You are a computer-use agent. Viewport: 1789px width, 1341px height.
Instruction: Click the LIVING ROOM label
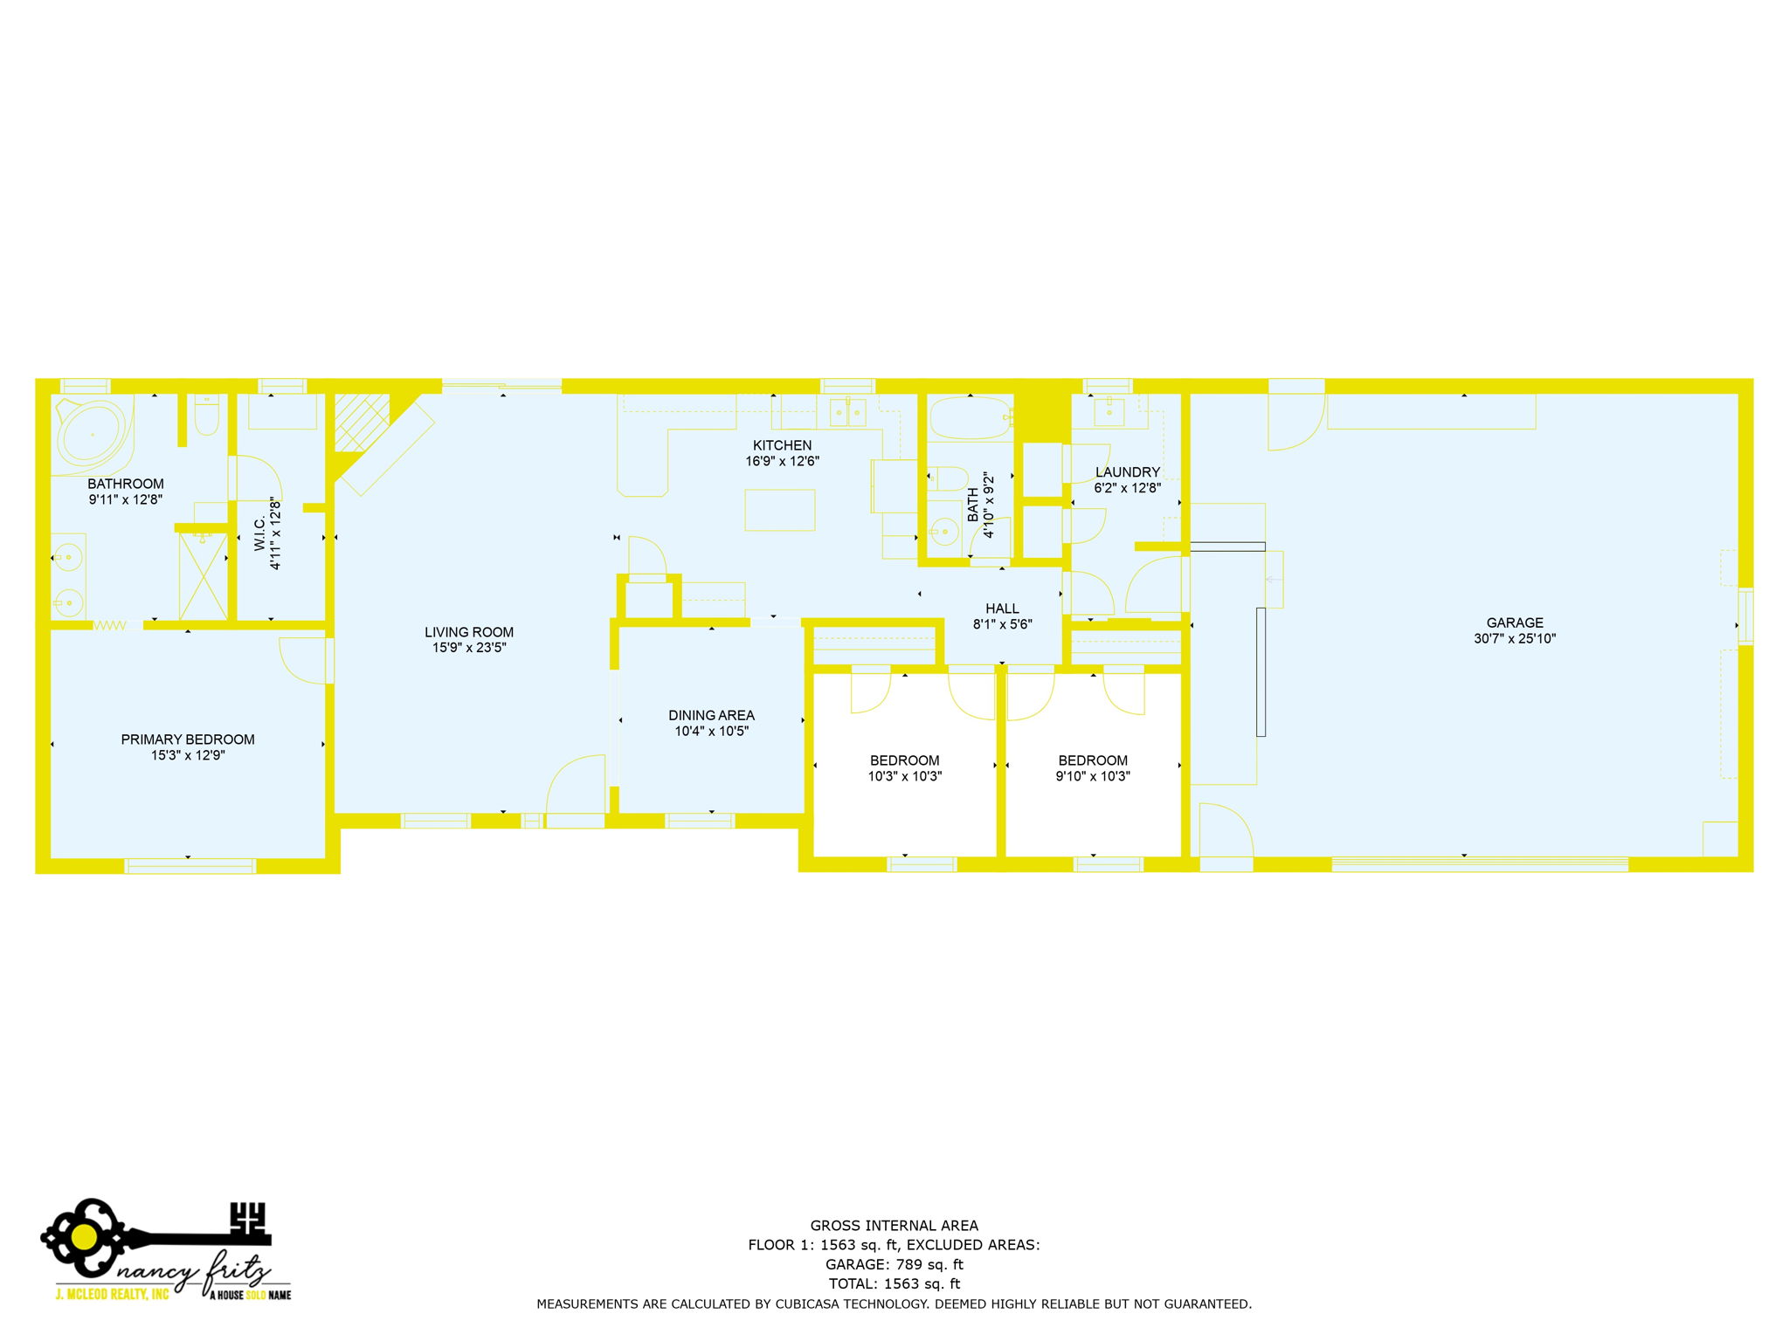click(469, 632)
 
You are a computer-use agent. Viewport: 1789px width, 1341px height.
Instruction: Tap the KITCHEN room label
click(782, 445)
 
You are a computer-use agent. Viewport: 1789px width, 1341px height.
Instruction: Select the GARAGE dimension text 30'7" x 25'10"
click(1514, 638)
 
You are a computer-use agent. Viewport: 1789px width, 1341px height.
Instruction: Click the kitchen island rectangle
click(779, 510)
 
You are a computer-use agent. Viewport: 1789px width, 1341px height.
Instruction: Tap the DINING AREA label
click(711, 715)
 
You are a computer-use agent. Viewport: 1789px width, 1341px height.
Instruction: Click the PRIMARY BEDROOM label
click(188, 739)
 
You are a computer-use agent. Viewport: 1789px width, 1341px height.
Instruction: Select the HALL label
click(1002, 609)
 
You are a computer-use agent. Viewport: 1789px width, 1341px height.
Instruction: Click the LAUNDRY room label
click(1127, 472)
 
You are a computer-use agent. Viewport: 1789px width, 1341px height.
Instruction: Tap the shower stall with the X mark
click(203, 577)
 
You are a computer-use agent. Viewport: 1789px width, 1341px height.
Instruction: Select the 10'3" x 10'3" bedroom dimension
click(904, 776)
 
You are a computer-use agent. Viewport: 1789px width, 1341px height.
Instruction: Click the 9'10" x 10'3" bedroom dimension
click(1092, 776)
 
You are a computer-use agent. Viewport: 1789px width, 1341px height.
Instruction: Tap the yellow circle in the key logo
click(84, 1236)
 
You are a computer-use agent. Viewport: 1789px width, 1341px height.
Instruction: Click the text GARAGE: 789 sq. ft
click(894, 1264)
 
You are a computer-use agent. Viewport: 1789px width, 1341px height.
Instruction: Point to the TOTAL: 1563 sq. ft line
click(894, 1283)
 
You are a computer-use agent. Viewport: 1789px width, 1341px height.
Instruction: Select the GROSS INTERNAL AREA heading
click(894, 1226)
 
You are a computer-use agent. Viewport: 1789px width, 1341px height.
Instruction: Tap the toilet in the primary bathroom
click(206, 418)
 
